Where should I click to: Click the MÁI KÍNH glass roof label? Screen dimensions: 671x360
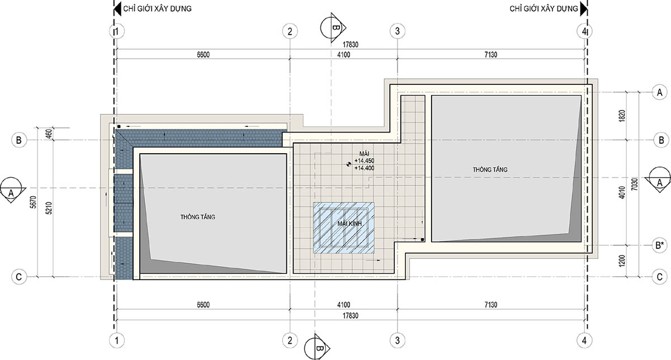(x=349, y=224)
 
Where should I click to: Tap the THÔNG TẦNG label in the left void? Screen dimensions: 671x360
(x=198, y=217)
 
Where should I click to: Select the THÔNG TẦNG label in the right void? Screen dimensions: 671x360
(x=490, y=169)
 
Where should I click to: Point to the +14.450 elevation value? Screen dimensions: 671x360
(x=364, y=161)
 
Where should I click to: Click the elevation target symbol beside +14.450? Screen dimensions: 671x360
(x=348, y=164)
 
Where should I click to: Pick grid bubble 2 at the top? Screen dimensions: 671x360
(x=290, y=31)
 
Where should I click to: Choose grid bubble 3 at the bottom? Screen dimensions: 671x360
(x=398, y=340)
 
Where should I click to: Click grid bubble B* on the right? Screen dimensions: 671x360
(x=660, y=245)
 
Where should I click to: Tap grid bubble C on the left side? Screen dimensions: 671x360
(x=19, y=277)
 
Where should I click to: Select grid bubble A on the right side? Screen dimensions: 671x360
(x=660, y=92)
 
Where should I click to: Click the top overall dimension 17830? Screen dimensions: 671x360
(x=351, y=45)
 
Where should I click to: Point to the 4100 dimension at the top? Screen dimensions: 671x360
(x=343, y=55)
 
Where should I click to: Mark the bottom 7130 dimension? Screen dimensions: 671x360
(x=491, y=305)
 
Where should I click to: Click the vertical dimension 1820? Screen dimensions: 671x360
(x=622, y=116)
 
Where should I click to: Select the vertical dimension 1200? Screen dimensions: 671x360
(x=622, y=261)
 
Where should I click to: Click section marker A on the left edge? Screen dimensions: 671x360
(x=12, y=190)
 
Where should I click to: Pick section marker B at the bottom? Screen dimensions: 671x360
(x=316, y=348)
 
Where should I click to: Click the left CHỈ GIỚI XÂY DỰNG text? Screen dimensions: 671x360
(x=157, y=8)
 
